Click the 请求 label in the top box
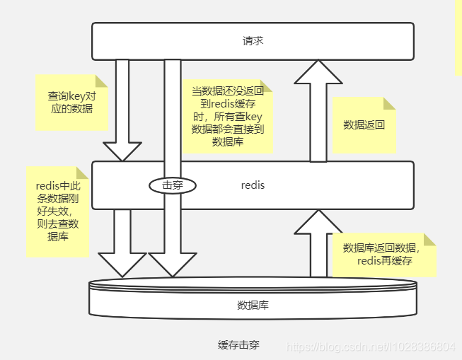(x=253, y=41)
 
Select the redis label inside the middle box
(x=253, y=185)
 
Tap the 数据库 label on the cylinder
(x=253, y=306)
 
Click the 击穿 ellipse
(x=172, y=185)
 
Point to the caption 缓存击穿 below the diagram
(x=238, y=345)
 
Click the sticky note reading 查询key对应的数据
(x=70, y=103)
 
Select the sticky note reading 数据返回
(x=364, y=125)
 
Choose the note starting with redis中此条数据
(x=57, y=211)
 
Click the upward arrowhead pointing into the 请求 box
(x=318, y=73)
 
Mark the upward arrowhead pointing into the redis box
(x=318, y=222)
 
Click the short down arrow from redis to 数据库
(x=122, y=244)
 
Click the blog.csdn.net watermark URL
(x=369, y=347)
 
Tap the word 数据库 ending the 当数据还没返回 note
(x=228, y=142)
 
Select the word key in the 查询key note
(x=79, y=95)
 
